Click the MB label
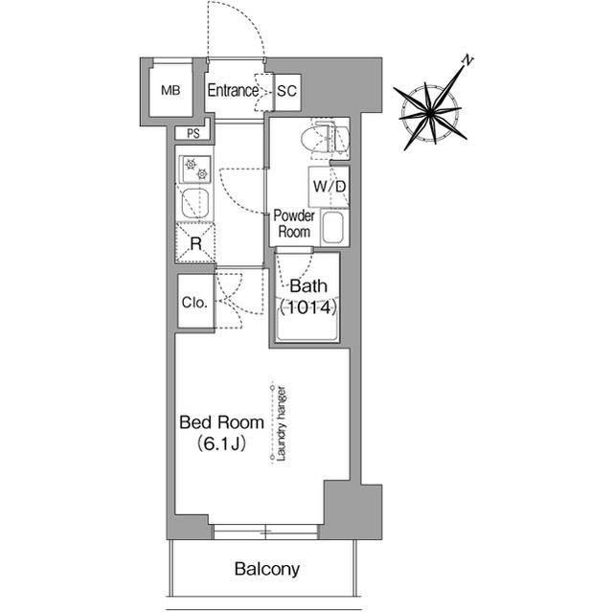[x=170, y=91]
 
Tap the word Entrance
[x=233, y=91]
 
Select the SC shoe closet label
[x=287, y=91]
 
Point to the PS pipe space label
[x=193, y=134]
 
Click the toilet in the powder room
[x=325, y=139]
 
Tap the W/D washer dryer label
[x=329, y=187]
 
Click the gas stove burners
[x=195, y=170]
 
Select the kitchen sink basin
[x=195, y=204]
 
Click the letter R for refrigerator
[x=195, y=244]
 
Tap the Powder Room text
[x=294, y=223]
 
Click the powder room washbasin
[x=333, y=227]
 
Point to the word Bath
[x=308, y=286]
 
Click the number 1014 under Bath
[x=308, y=307]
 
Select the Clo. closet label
[x=194, y=303]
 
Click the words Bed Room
[x=221, y=422]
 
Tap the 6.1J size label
[x=221, y=443]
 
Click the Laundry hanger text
[x=281, y=423]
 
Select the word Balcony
[x=267, y=569]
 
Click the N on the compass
[x=467, y=60]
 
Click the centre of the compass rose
[x=430, y=113]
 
